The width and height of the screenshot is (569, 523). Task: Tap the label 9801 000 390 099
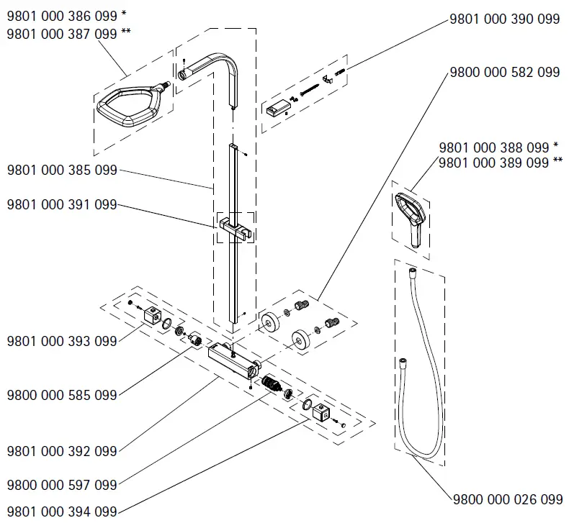pos(504,19)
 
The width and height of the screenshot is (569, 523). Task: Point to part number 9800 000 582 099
pos(504,72)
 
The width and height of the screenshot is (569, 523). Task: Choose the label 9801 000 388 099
pos(494,147)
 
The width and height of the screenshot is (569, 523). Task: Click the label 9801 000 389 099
pos(494,163)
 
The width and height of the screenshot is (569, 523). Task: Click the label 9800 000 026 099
pos(508,499)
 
